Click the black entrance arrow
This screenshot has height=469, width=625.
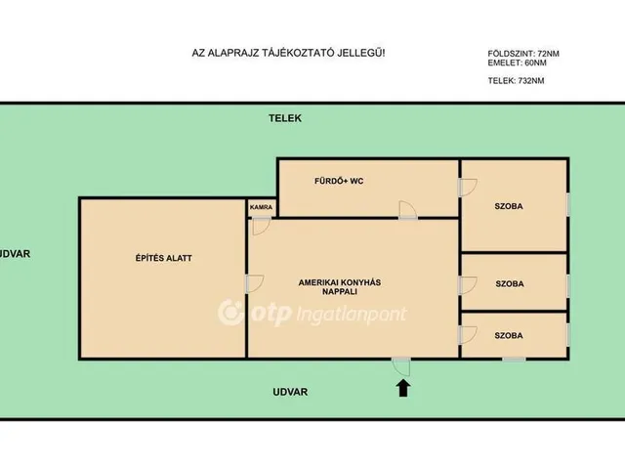coord(403,388)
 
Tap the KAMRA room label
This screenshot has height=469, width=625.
coord(261,207)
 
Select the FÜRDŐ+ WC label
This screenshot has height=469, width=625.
coord(339,181)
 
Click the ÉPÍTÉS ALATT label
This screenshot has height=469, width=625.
coord(163,258)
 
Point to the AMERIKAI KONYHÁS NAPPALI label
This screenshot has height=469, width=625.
coord(340,286)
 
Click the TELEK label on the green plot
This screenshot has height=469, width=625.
coord(285,118)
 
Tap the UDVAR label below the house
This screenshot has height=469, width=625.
coord(290,392)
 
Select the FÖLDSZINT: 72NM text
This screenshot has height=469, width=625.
coord(523,54)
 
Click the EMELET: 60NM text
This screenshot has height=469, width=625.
coord(517,63)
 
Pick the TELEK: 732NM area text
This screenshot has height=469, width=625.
coord(516,80)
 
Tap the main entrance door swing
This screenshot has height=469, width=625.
coord(401,366)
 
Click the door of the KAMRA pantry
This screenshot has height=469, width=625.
coord(261,226)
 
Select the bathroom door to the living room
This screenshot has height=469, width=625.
coord(408,210)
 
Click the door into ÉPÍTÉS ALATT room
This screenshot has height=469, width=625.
coord(255,283)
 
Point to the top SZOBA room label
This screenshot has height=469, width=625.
coord(509,206)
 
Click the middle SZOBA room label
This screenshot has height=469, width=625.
coord(510,284)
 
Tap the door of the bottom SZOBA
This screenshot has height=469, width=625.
coord(468,334)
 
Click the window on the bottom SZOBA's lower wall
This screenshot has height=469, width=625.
coord(514,360)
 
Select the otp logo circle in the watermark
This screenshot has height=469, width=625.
coord(230,313)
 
